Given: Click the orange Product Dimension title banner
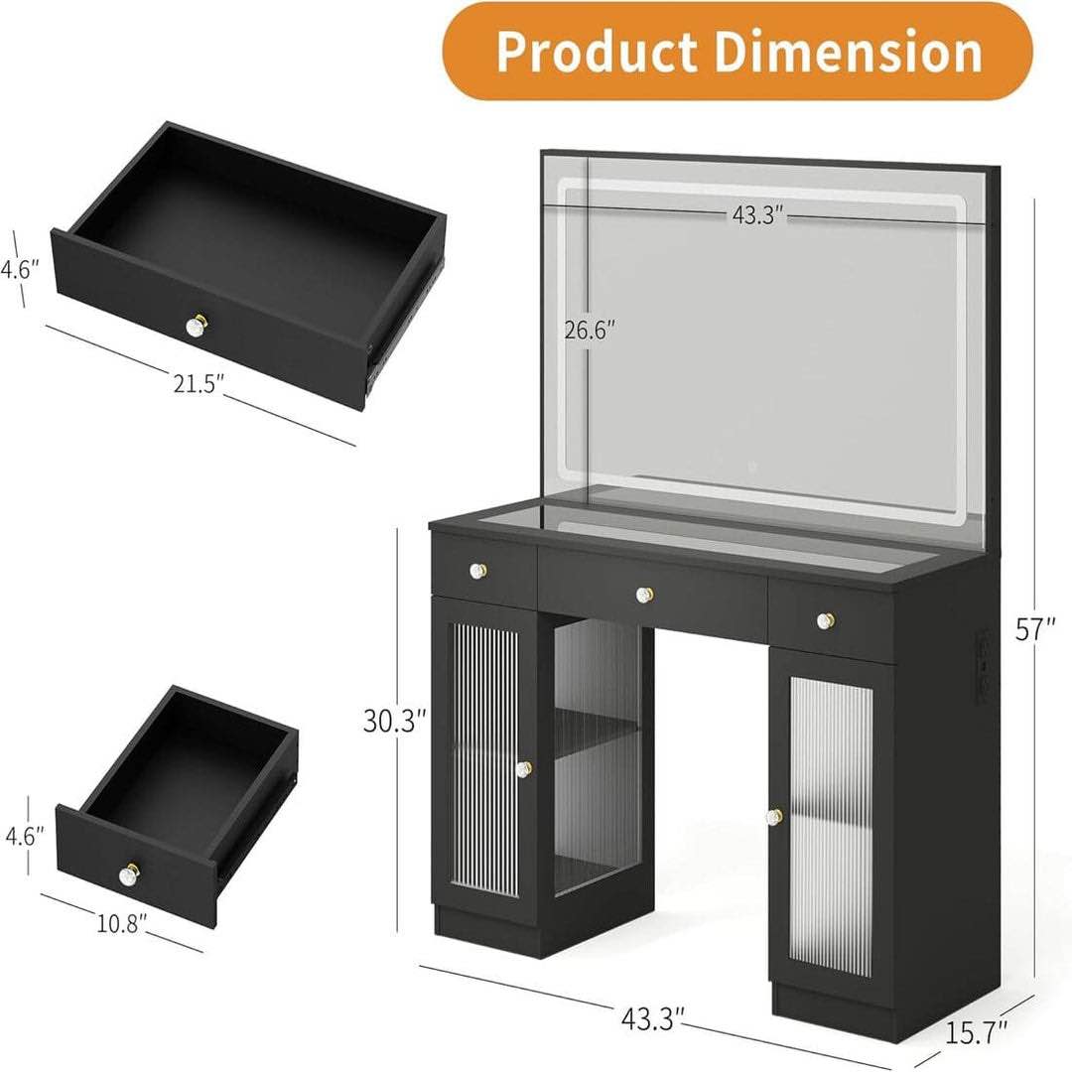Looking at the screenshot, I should [737, 52].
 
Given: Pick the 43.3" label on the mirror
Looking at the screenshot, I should [759, 215].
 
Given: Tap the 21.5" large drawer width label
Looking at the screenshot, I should [194, 383].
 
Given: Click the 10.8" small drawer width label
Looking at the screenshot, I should [122, 922].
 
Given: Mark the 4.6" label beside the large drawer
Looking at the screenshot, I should [20, 269].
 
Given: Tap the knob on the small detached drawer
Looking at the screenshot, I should [128, 875].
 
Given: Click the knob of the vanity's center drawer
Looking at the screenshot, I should [644, 595].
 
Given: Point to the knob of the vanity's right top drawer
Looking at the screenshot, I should [824, 621].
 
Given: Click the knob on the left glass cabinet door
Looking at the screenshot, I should [522, 768].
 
